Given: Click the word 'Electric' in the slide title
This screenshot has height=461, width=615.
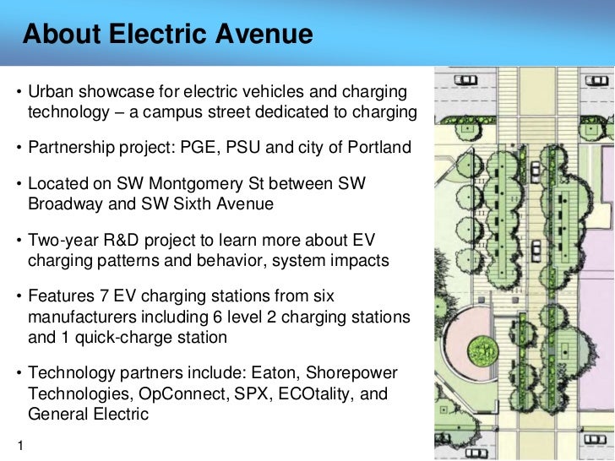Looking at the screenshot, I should pyautogui.click(x=155, y=35).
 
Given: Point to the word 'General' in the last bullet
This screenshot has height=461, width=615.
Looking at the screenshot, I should pyautogui.click(x=59, y=414).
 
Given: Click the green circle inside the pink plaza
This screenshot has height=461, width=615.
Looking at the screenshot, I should pyautogui.click(x=481, y=348).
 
